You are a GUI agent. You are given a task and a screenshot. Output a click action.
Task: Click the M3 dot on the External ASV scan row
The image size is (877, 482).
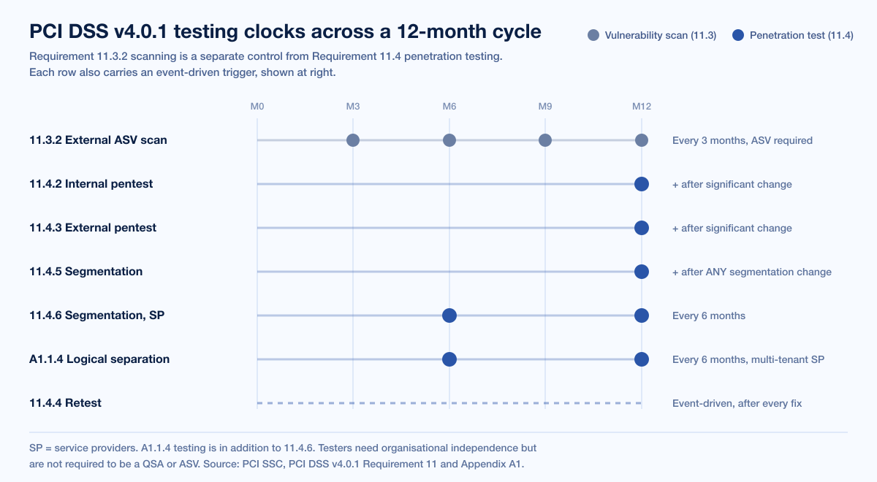353,140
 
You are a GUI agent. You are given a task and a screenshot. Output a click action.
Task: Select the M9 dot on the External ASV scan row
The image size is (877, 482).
545,140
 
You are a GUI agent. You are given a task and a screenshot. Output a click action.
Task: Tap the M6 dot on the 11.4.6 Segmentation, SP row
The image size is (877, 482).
449,315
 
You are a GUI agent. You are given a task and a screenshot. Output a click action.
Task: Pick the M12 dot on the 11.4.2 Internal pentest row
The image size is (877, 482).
642,184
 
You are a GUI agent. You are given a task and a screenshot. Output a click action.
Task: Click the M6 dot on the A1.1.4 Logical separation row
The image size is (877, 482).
449,359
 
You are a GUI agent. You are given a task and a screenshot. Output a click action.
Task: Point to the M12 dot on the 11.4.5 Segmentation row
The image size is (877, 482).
642,272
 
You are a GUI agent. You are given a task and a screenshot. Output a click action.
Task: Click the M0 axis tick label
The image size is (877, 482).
257,107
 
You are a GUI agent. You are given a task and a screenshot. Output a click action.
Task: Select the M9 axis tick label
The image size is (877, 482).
545,107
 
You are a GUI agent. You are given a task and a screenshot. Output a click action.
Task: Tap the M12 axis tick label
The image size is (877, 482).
642,107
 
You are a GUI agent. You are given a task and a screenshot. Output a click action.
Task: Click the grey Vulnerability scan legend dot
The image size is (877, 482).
593,35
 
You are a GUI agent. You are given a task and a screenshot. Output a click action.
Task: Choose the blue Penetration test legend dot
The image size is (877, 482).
738,35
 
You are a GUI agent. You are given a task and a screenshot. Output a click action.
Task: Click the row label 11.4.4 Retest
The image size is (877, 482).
65,403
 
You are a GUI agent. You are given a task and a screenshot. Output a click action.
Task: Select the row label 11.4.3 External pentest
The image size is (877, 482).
93,228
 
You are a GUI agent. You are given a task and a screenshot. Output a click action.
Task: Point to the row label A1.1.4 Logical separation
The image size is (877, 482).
99,359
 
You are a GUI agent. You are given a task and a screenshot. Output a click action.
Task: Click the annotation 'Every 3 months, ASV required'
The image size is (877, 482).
743,140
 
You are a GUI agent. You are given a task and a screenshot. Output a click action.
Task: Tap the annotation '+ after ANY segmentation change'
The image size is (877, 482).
752,272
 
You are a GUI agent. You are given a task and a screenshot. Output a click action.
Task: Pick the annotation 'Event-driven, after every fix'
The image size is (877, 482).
737,403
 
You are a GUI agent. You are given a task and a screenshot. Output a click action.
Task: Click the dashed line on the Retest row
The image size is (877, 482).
449,403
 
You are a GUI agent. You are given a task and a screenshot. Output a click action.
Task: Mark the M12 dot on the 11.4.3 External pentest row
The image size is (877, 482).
642,228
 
